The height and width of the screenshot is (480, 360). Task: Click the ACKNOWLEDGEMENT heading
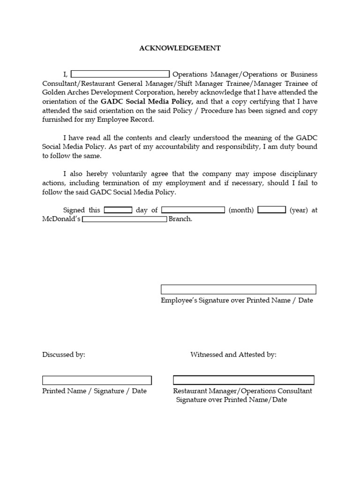click(180, 48)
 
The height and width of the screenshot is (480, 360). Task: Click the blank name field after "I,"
click(120, 74)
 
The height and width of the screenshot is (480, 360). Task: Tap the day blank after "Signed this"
click(118, 210)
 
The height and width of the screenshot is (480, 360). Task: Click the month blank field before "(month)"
click(193, 210)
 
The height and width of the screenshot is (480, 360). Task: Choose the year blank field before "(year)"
click(271, 210)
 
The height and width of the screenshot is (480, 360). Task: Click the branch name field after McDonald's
click(124, 219)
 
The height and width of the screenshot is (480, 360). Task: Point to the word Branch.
click(180, 219)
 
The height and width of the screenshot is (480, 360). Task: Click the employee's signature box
click(238, 289)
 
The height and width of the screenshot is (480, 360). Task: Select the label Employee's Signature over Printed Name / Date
click(237, 300)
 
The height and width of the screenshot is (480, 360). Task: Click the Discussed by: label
click(64, 354)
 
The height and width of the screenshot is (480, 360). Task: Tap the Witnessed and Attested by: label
click(233, 354)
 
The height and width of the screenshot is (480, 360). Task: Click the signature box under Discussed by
click(97, 380)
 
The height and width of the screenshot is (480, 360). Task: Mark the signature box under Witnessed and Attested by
click(243, 380)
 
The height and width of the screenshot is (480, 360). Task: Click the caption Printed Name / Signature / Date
click(94, 391)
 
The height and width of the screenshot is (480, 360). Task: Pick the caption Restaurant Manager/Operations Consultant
click(242, 391)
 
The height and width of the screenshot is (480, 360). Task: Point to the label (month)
click(241, 210)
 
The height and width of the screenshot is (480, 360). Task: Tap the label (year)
click(299, 210)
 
